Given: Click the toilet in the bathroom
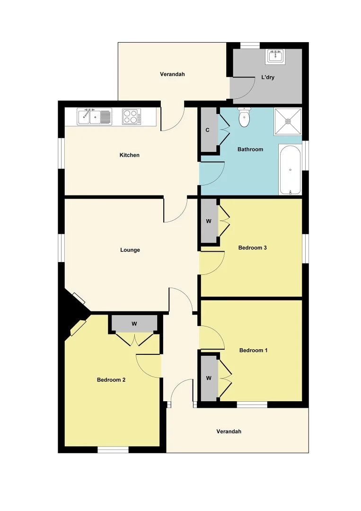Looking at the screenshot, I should click(x=244, y=118).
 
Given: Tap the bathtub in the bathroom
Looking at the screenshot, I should click(x=290, y=170).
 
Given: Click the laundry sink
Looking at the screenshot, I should click(x=275, y=57).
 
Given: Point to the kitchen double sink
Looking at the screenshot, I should click(x=94, y=116).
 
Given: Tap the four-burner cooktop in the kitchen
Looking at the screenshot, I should click(x=131, y=116).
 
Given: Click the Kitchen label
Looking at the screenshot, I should click(x=130, y=155).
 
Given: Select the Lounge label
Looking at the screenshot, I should click(x=130, y=250).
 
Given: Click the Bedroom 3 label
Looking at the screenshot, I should click(x=253, y=247).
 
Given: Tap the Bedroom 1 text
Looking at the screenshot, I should click(x=254, y=350).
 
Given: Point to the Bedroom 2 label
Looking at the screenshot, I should click(x=111, y=379).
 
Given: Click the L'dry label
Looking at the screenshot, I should click(x=268, y=77).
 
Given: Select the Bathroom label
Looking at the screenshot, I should click(x=250, y=150).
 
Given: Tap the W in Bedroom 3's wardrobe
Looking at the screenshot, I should click(x=208, y=221).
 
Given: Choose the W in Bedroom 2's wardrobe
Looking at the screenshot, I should click(x=134, y=324).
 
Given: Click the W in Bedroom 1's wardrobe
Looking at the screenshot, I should click(x=208, y=378).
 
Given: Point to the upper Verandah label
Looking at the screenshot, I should click(x=172, y=74).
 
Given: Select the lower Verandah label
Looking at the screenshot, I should click(x=229, y=432).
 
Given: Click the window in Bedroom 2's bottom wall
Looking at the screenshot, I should click(x=113, y=449).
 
